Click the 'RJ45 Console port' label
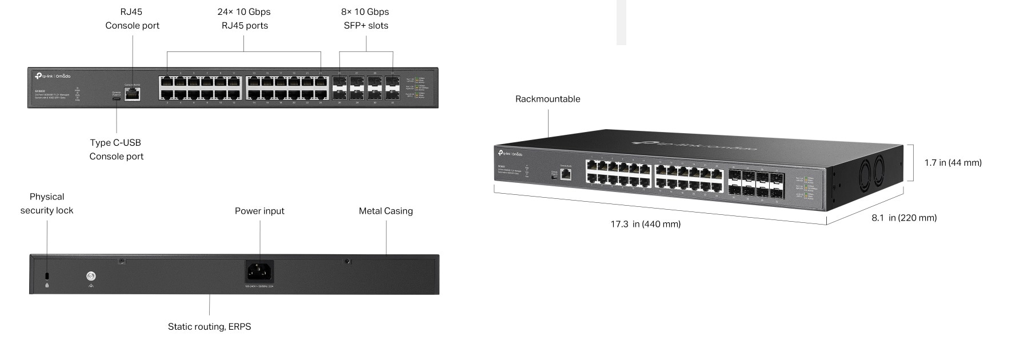pos(132,18)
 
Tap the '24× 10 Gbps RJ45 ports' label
pos(244,18)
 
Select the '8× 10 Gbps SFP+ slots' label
pos(366,18)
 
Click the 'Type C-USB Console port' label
pos(116,149)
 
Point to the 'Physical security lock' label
pos(47,203)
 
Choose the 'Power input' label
pos(259,211)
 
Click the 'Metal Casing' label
pos(386,211)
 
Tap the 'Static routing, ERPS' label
pos(209,327)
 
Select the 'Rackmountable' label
pos(547,99)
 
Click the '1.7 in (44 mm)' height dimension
pos(953,163)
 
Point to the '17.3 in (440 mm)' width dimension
pos(645,224)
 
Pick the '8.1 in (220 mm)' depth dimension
pos(904,218)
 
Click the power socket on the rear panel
pos(259,271)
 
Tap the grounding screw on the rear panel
pos(91,276)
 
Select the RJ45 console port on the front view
pos(133,94)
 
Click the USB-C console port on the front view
pos(117,98)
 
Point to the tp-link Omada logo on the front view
pos(53,76)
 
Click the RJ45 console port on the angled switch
pos(566,174)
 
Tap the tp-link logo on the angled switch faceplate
pos(510,153)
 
